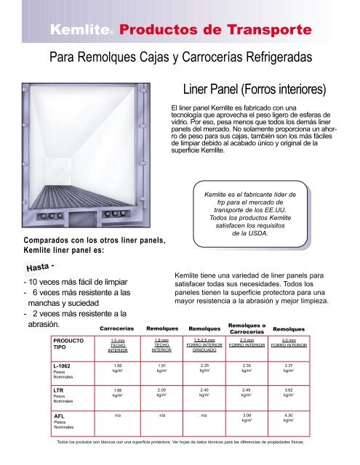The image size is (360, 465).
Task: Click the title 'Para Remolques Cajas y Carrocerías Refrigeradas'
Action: coord(179,58)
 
